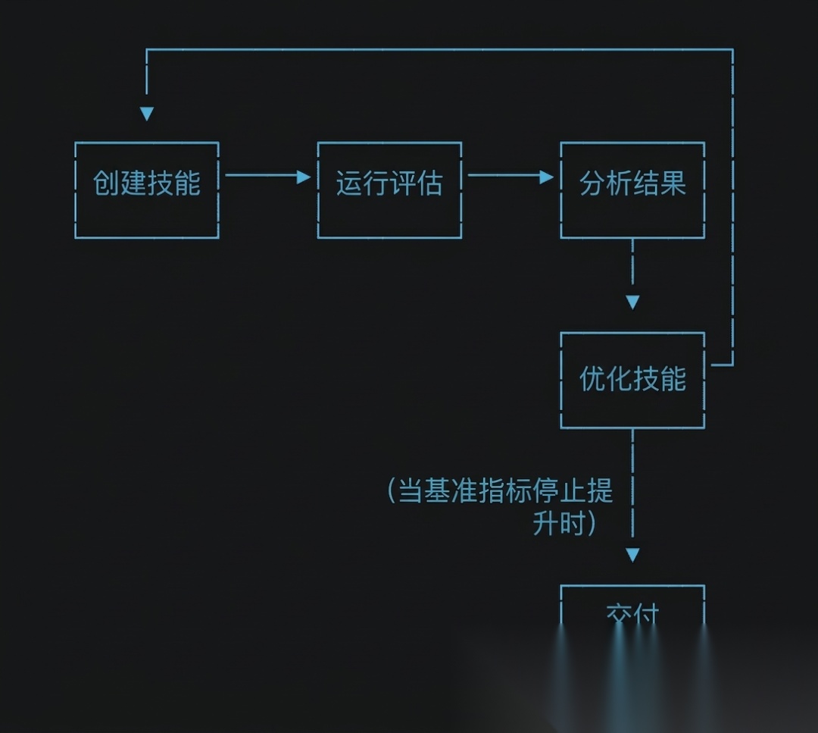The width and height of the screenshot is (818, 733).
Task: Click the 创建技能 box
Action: (147, 190)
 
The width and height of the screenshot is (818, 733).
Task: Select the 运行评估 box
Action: (389, 190)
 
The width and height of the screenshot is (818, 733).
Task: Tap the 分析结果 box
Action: (632, 190)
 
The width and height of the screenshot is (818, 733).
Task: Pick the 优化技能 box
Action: (632, 380)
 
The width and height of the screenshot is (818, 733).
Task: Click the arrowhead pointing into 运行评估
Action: (304, 177)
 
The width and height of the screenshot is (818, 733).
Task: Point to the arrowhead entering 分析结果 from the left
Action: (547, 177)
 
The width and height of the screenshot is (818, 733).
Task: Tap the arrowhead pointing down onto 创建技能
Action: (147, 114)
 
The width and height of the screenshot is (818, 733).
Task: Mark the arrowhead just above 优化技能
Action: (632, 302)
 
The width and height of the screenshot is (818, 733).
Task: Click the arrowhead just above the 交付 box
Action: (632, 555)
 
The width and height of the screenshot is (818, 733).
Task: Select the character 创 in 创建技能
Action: (106, 183)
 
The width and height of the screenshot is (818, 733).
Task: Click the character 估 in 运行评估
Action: (429, 183)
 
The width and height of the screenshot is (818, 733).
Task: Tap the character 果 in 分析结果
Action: (673, 183)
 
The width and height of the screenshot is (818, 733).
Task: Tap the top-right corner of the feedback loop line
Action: (732, 50)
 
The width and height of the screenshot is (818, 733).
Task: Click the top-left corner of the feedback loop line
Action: (147, 50)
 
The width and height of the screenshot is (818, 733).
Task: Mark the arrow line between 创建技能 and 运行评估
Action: (261, 175)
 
